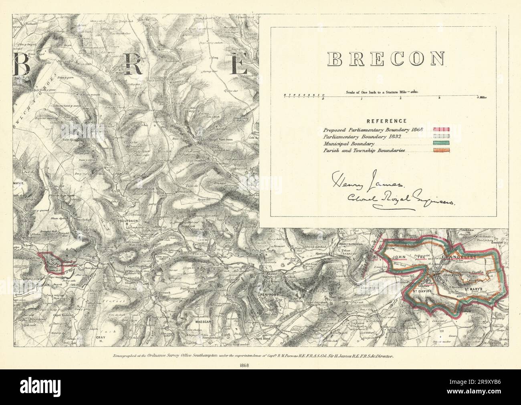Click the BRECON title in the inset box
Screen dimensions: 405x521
pyautogui.click(x=386, y=59)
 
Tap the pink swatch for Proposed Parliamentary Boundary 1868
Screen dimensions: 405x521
pyautogui.click(x=441, y=130)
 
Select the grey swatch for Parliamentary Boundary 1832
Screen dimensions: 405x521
pyautogui.click(x=441, y=136)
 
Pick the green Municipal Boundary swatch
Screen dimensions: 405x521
pyautogui.click(x=441, y=143)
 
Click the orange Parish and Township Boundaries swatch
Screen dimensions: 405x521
pyautogui.click(x=441, y=150)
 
